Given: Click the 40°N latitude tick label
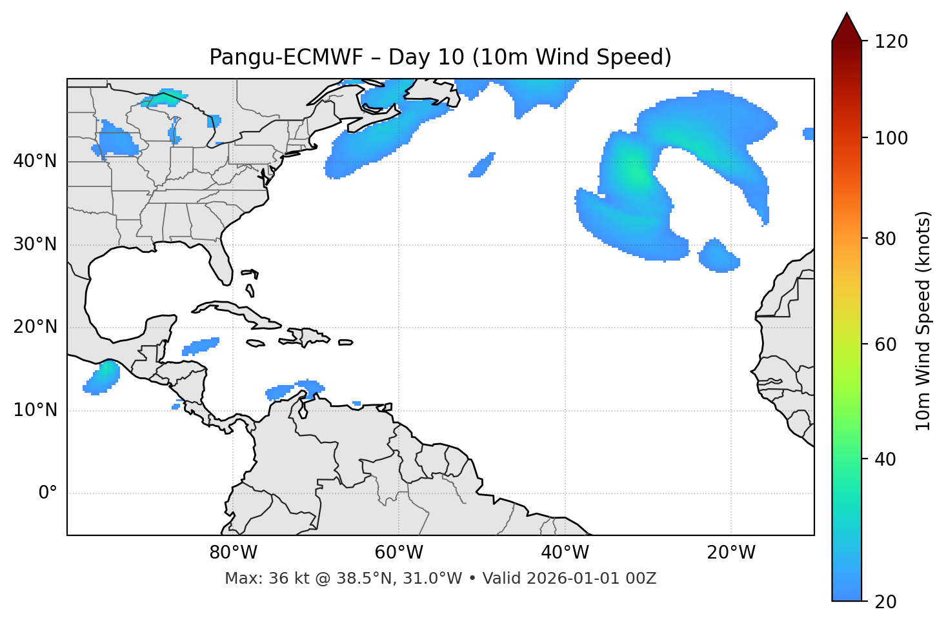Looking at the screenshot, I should [35, 161].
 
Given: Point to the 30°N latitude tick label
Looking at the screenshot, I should [35, 244].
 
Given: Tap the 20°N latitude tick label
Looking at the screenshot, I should [35, 327].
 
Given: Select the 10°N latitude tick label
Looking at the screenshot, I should [35, 410].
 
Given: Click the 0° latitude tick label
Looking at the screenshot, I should [48, 493].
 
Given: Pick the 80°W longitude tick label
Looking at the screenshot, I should [233, 553].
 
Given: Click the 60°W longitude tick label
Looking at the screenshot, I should [399, 553].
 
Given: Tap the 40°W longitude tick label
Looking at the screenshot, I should [565, 553].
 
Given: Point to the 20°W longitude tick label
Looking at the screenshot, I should [731, 553].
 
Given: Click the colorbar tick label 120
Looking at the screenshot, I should [891, 42].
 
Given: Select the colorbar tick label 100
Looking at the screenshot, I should [891, 138].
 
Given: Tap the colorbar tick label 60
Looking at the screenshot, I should [887, 344].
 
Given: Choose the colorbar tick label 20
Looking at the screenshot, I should [887, 602].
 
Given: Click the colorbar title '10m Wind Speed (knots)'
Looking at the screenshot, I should [923, 321].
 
